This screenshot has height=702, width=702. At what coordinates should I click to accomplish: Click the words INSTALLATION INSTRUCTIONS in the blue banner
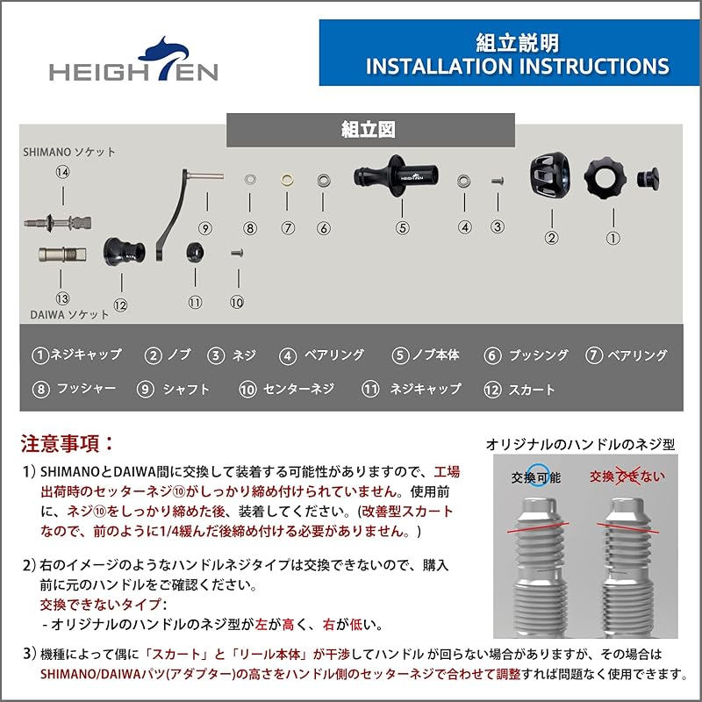[517, 67]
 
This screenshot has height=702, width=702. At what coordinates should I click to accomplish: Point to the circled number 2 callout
[552, 236]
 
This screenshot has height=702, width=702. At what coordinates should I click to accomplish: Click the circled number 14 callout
[62, 172]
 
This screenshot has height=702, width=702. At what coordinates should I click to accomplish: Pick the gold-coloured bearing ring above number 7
[287, 180]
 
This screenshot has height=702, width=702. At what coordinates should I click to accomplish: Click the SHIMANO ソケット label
[68, 151]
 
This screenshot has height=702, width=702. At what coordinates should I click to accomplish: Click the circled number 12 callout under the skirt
[120, 305]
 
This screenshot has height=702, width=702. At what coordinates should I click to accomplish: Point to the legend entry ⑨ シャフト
[174, 389]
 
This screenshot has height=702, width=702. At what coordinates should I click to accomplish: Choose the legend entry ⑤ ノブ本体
[426, 355]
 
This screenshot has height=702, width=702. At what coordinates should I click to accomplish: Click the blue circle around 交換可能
[536, 476]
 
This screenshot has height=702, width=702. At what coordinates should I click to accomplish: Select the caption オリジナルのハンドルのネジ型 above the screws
[581, 445]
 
